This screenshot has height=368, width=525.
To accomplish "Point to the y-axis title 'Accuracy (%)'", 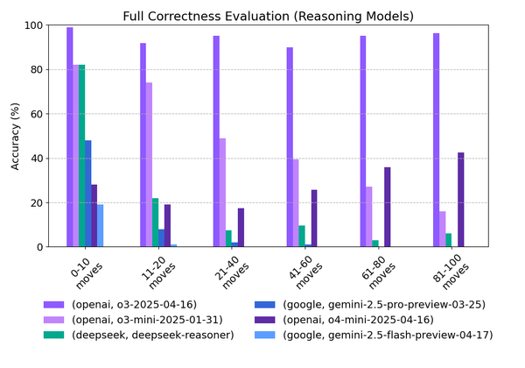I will tap(14, 136).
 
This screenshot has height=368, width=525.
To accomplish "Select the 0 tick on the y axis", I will tap(41, 247).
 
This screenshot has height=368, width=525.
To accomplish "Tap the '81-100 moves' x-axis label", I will tap(451, 271).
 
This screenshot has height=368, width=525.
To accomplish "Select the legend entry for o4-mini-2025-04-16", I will tap(367, 319).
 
